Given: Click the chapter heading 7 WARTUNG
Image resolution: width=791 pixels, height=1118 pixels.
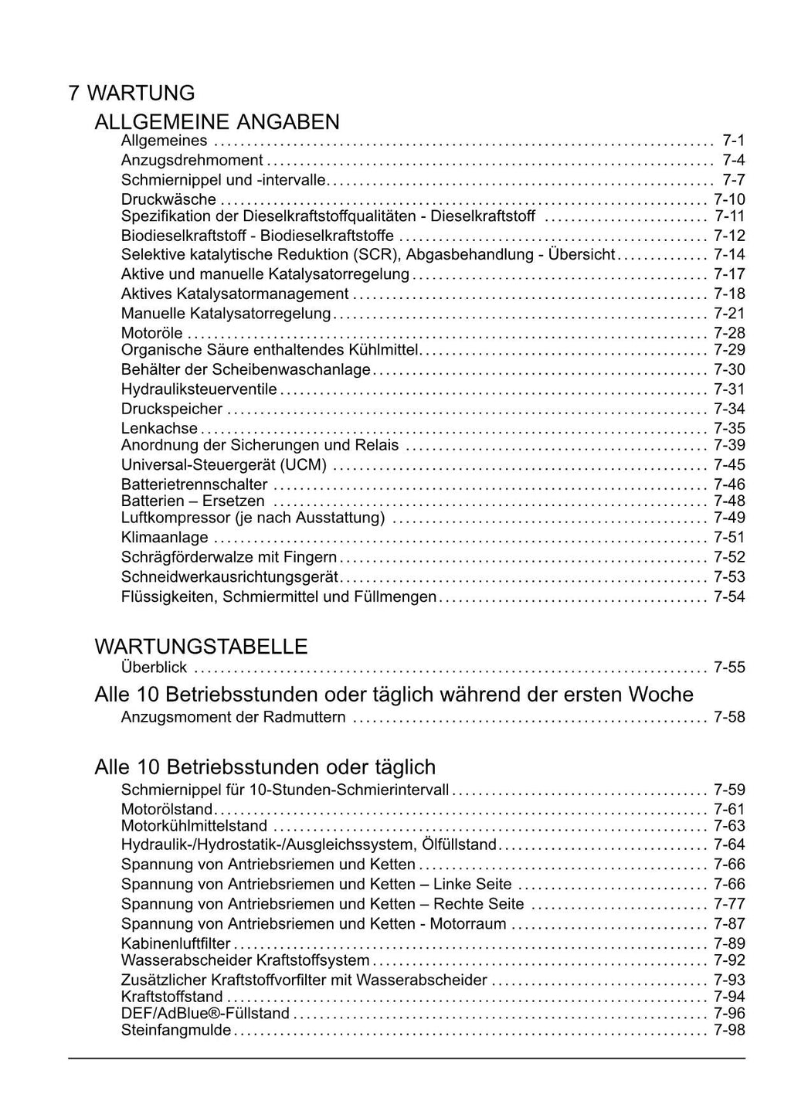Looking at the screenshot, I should tap(131, 93).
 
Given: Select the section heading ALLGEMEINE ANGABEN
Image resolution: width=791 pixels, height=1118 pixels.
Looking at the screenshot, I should tap(217, 122).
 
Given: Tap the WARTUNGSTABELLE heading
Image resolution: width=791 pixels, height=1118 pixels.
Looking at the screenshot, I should tap(201, 646).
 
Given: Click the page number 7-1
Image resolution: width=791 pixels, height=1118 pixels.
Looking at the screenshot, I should tap(733, 141).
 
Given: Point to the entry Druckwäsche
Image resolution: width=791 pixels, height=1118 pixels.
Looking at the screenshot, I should tap(168, 199).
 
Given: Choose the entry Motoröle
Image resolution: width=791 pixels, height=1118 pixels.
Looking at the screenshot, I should tap(152, 333).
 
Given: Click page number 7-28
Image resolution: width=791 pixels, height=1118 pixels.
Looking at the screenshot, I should tap(729, 333).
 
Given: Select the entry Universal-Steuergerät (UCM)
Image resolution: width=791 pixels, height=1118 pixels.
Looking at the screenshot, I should tap(224, 465).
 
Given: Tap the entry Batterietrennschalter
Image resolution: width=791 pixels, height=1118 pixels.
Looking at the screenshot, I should tap(195, 484).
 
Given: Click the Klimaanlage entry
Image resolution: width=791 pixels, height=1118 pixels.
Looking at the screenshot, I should tap(165, 537).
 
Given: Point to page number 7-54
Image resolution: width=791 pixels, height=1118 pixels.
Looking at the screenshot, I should tap(729, 596).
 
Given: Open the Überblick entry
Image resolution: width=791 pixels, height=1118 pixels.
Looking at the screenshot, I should tap(154, 668).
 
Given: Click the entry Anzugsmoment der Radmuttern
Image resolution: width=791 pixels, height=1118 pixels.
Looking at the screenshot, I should tap(233, 717).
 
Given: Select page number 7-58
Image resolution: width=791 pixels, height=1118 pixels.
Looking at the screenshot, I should tap(729, 717).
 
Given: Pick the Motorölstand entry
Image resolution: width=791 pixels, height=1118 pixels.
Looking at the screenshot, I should tap(167, 809).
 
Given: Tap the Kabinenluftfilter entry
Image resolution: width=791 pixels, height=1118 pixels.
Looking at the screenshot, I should tap(176, 943).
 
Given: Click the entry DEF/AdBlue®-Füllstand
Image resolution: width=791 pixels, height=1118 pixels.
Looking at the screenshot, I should tap(205, 1013).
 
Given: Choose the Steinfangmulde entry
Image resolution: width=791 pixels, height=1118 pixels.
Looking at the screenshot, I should tap(176, 1031).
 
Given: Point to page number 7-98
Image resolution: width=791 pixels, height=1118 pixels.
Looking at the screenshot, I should tap(729, 1031).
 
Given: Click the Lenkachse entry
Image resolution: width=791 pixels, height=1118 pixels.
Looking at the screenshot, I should tap(160, 429).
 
